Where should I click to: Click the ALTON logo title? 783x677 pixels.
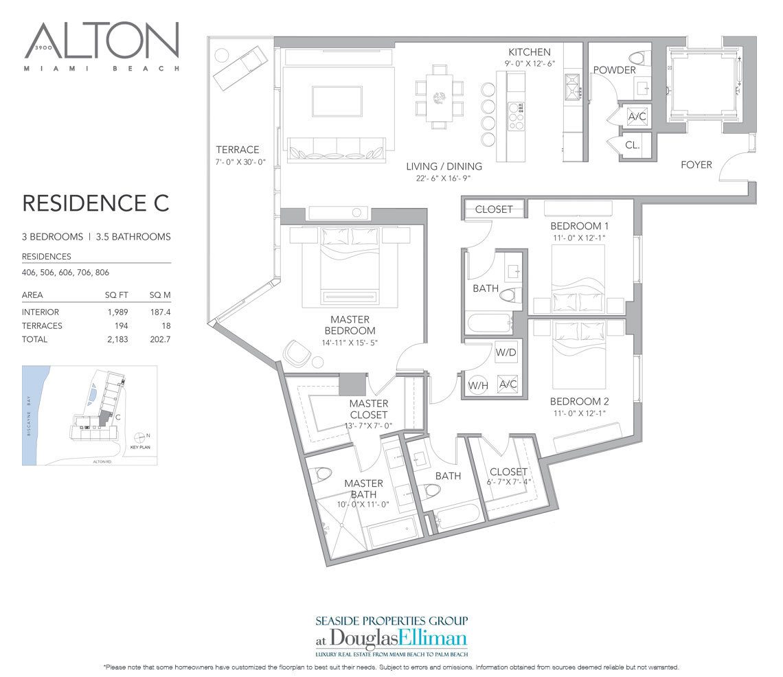[102, 41]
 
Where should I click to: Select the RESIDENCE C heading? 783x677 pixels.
[95, 203]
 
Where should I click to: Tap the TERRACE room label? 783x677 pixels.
[237, 149]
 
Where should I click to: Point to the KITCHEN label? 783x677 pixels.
[529, 52]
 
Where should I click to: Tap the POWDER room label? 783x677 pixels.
[614, 70]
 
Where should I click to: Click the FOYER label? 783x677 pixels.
[696, 165]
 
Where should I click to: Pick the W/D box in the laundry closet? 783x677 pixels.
[505, 352]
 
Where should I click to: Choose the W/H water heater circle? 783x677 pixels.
[477, 385]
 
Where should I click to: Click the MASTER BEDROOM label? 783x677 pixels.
[350, 325]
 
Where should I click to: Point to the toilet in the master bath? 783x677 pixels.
[323, 476]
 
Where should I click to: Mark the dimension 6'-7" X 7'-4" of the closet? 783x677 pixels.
[508, 483]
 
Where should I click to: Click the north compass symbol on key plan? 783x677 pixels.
[141, 436]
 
